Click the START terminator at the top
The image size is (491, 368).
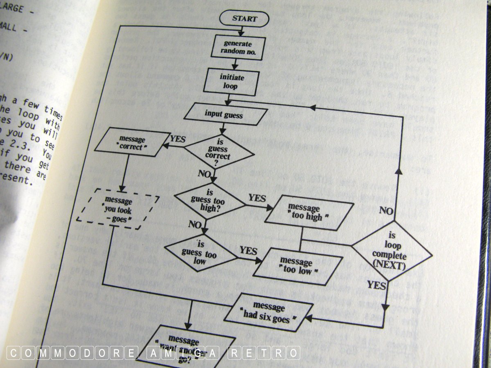pos(244,18)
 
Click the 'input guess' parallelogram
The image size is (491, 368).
pos(225,114)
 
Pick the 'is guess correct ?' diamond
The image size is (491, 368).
pos(218,151)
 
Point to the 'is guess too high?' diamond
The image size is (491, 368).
pos(209,200)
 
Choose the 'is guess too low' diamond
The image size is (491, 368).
pos(200,252)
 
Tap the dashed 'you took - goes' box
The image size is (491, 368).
pos(118,209)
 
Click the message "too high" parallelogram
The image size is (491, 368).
pos(309,212)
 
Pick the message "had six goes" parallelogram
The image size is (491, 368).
pos(270,312)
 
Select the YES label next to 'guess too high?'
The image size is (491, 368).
pos(257,198)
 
